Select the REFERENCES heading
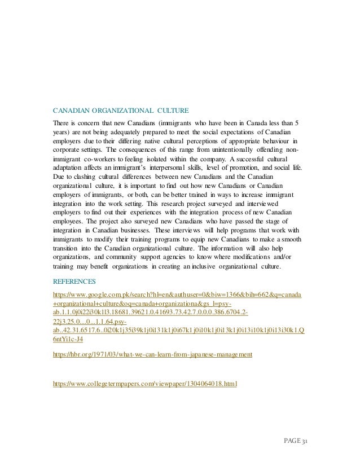tap(74, 280)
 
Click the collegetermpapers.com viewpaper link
tap(144, 384)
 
